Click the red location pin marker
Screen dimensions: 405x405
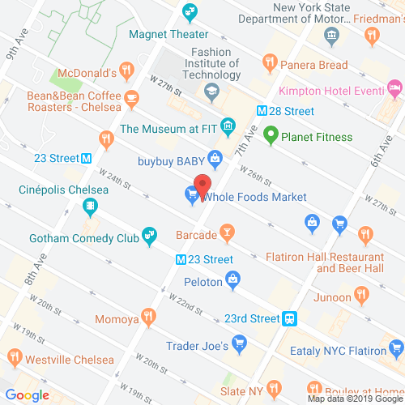(201, 184)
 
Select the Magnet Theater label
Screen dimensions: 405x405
(168, 34)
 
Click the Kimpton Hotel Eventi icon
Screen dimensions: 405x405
(394, 86)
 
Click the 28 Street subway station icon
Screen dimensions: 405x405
(262, 110)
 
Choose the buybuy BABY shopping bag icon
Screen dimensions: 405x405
(215, 157)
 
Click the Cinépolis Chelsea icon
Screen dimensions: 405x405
(89, 208)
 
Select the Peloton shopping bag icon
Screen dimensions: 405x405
(233, 279)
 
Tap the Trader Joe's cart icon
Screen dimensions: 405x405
(239, 345)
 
